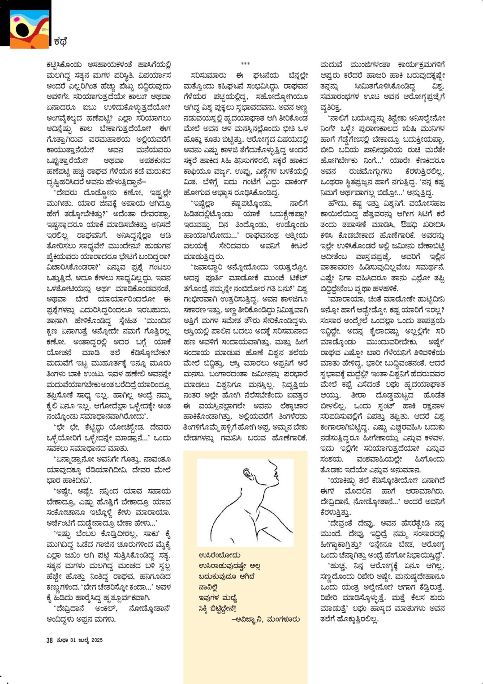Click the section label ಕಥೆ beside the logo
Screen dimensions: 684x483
(x=60, y=42)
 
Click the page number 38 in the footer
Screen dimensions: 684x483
(x=50, y=640)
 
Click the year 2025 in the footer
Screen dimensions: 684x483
(x=97, y=640)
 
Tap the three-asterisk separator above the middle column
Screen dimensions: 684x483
(x=245, y=64)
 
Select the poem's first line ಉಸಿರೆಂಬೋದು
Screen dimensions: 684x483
(x=220, y=555)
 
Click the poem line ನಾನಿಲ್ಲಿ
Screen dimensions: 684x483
(x=209, y=587)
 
